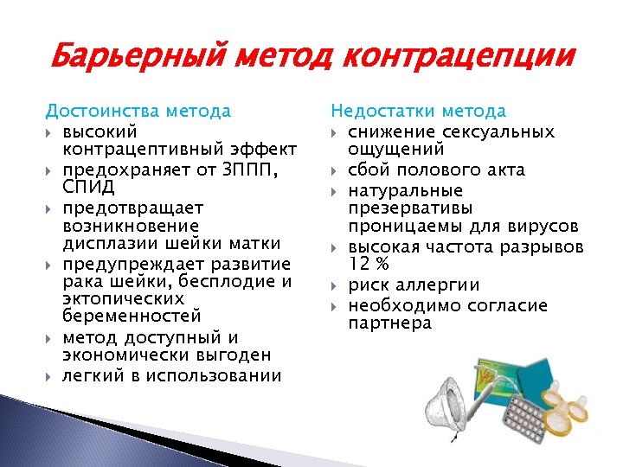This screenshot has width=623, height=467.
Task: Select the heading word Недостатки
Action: point(383,111)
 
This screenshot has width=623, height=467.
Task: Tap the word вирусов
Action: point(543,227)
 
